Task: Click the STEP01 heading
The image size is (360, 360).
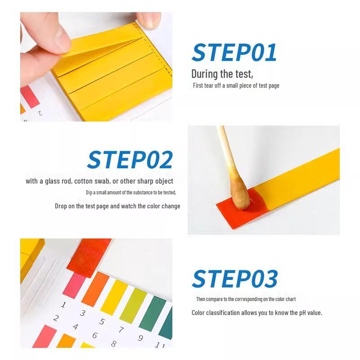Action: tap(234, 53)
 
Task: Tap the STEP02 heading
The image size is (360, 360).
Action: tap(130, 160)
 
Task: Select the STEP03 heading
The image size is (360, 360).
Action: tap(234, 279)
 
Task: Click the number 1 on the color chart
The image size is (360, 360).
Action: tap(63, 305)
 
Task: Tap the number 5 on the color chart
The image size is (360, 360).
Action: tap(102, 322)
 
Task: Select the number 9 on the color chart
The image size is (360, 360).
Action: tap(140, 338)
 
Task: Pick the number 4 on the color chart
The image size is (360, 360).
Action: tap(75, 327)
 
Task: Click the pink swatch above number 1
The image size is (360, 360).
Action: tap(74, 285)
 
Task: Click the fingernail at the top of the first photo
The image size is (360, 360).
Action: tap(149, 18)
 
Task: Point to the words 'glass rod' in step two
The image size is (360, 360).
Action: tap(55, 181)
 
